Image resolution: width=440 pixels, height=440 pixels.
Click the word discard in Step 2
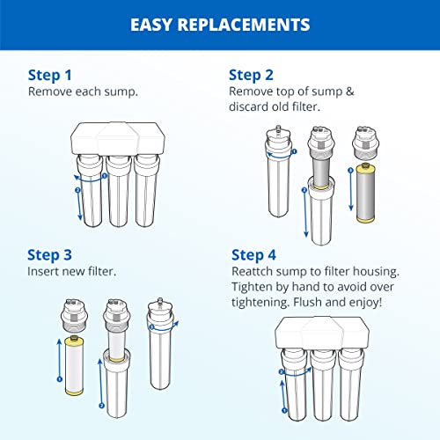point(249,106)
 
